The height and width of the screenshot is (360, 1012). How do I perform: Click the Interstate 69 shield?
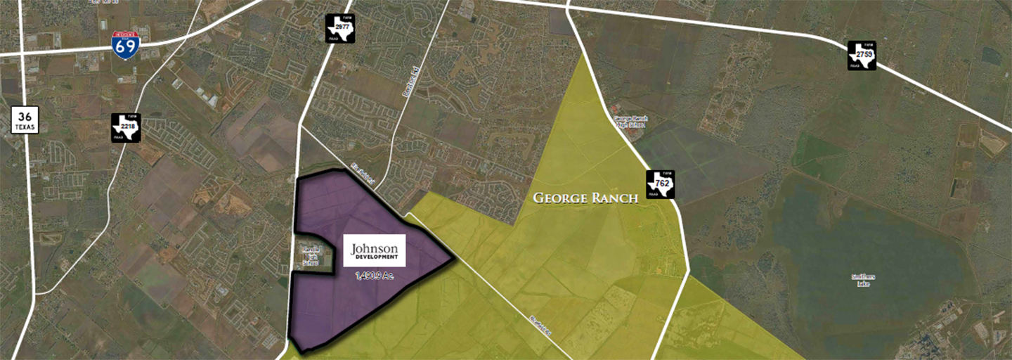(x=125, y=45)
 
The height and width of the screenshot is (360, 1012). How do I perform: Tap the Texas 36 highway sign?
(x=25, y=120)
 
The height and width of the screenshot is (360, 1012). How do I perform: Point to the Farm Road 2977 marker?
(x=340, y=29)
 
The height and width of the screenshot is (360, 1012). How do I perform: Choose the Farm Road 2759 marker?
(x=862, y=56)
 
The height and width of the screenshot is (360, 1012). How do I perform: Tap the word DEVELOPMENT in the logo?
(x=375, y=257)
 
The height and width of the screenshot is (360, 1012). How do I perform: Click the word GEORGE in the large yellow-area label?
(x=559, y=198)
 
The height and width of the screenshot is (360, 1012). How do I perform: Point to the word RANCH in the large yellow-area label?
(x=614, y=198)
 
